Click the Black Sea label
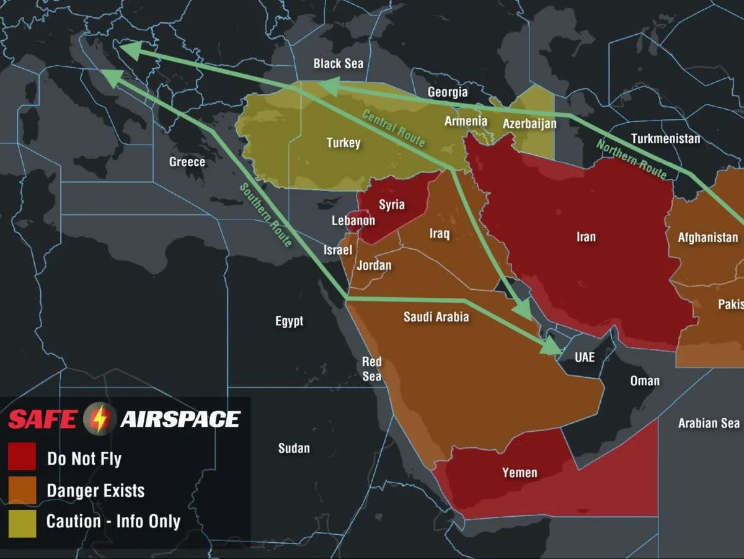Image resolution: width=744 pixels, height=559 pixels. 338,63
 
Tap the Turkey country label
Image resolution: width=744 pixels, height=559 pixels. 343,143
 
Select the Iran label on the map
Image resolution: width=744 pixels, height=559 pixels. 586,236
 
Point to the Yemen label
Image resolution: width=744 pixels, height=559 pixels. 520,473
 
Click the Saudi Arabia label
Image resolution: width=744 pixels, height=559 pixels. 436,317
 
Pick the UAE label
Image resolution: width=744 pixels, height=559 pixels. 584,357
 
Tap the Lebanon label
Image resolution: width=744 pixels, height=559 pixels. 353,221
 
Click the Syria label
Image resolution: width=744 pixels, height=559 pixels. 391,205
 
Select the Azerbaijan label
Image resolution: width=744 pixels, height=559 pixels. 529,123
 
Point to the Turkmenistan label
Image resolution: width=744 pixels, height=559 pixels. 665,138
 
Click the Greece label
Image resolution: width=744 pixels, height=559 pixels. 187,162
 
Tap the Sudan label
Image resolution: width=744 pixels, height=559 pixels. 294,448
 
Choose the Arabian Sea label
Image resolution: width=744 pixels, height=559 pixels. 709,423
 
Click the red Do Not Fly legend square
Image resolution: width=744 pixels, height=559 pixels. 22,458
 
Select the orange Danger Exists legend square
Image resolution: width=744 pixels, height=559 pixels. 22,490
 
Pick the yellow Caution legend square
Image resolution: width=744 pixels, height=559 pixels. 22,522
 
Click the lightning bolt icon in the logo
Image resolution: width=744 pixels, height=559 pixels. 99,419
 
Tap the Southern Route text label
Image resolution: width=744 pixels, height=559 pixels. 265,214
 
